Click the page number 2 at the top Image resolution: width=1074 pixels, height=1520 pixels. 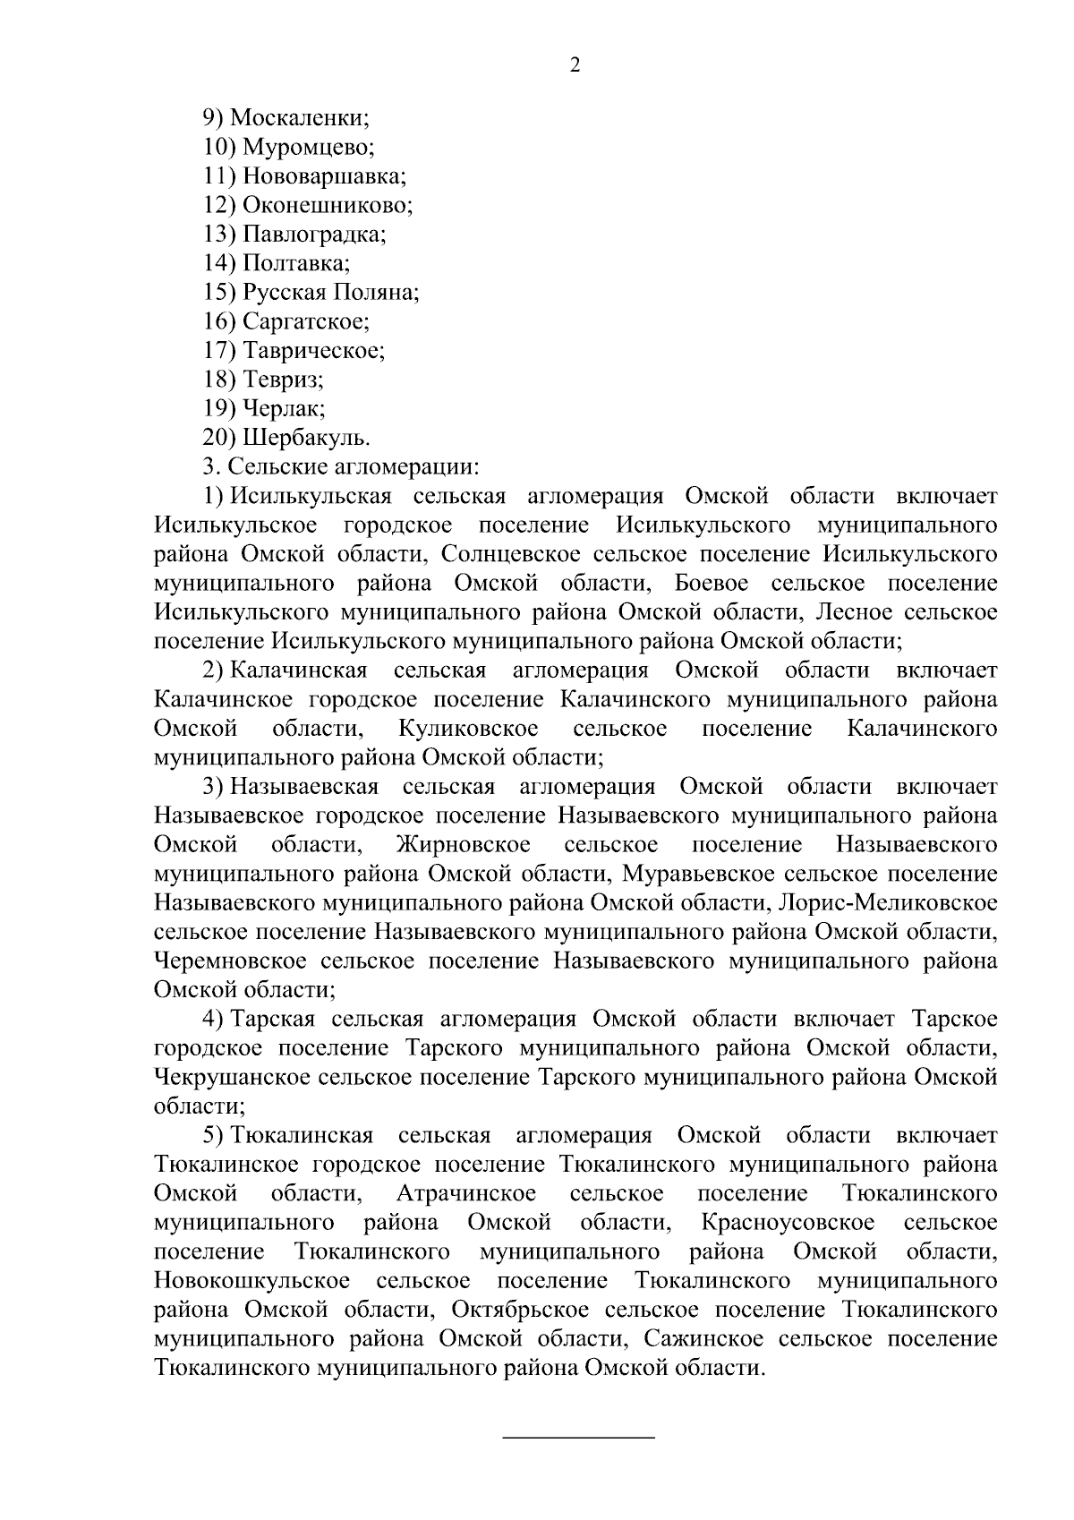click(x=575, y=64)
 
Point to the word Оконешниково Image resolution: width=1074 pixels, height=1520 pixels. click(x=327, y=205)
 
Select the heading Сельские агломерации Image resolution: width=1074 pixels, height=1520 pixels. click(x=353, y=467)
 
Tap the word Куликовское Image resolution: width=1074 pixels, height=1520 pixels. click(x=469, y=729)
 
